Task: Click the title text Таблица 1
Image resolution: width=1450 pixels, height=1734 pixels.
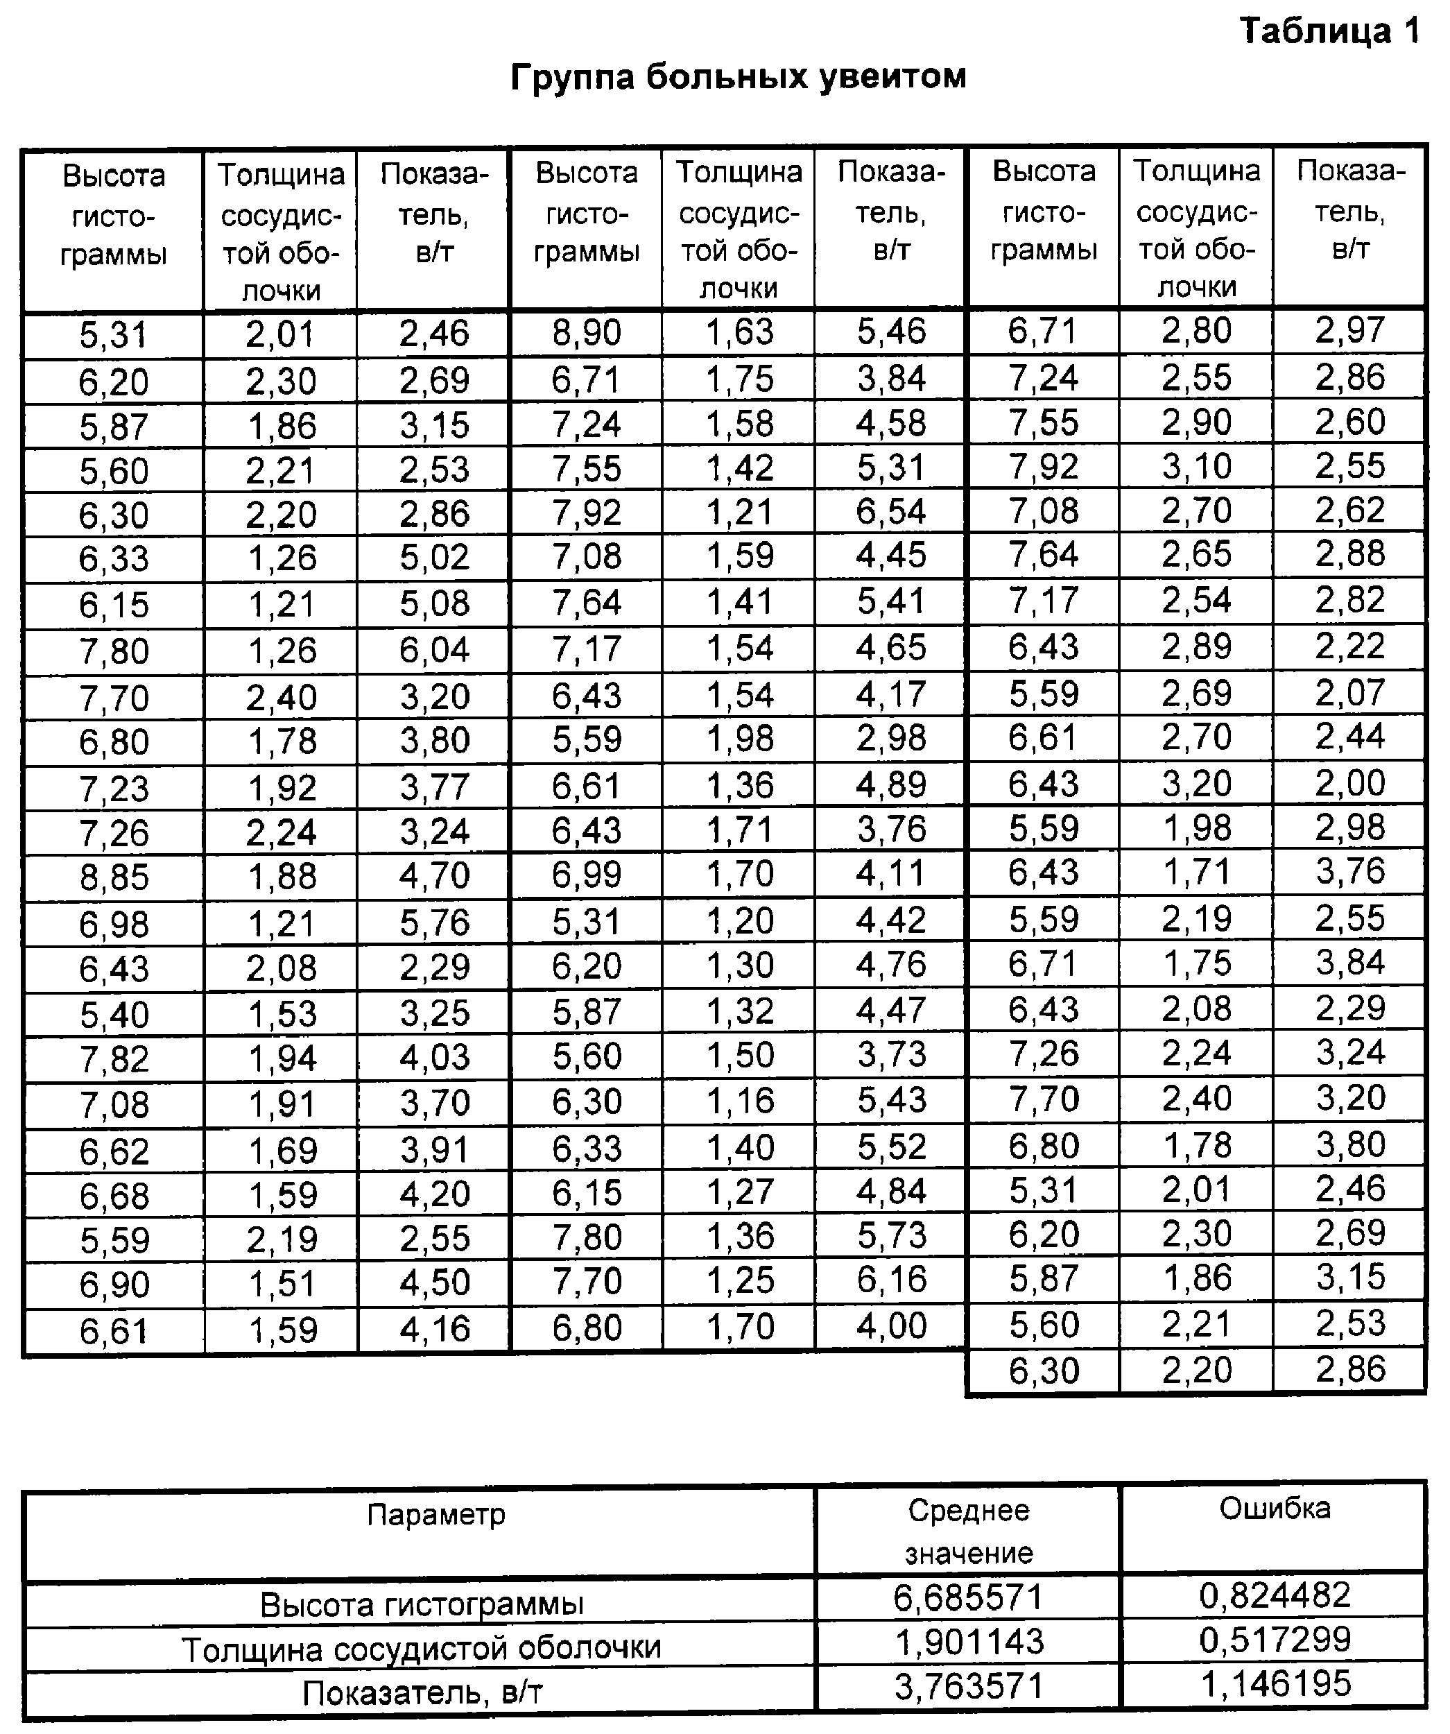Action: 1329,32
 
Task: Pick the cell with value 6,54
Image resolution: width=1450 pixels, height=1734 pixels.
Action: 891,511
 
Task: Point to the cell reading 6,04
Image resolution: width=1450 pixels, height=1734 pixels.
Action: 434,650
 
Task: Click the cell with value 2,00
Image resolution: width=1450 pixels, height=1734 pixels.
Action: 1350,783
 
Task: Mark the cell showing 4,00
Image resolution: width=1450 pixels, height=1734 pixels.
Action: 891,1326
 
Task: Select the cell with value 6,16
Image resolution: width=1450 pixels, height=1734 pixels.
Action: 891,1280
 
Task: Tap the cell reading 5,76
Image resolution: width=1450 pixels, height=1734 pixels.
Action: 434,923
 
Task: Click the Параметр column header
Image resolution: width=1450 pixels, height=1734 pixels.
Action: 435,1516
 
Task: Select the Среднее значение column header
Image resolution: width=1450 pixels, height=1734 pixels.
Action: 968,1531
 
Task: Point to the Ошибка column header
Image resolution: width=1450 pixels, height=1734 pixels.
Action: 1274,1509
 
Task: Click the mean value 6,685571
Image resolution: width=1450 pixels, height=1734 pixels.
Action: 968,1598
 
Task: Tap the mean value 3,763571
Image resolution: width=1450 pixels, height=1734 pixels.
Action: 968,1686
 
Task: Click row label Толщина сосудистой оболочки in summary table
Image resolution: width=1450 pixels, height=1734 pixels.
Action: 421,1648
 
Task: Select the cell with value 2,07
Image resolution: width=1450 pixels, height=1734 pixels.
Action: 1350,693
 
